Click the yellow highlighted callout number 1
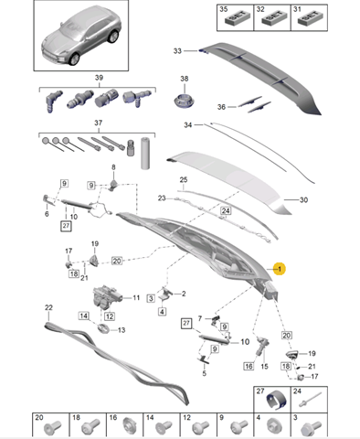point(280,269)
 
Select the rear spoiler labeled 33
point(262,76)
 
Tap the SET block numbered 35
point(238,19)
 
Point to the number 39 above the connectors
point(99,78)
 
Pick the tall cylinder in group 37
point(145,154)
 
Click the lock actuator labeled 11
point(107,297)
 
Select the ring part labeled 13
point(103,329)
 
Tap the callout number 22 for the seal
point(48,307)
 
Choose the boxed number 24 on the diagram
point(226,210)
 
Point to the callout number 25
point(184,179)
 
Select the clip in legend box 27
point(277,400)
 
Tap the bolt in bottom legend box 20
point(52,428)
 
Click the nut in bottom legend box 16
point(129,426)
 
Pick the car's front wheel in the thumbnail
point(74,59)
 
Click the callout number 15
point(264,366)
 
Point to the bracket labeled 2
point(165,294)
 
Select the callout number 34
point(188,125)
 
